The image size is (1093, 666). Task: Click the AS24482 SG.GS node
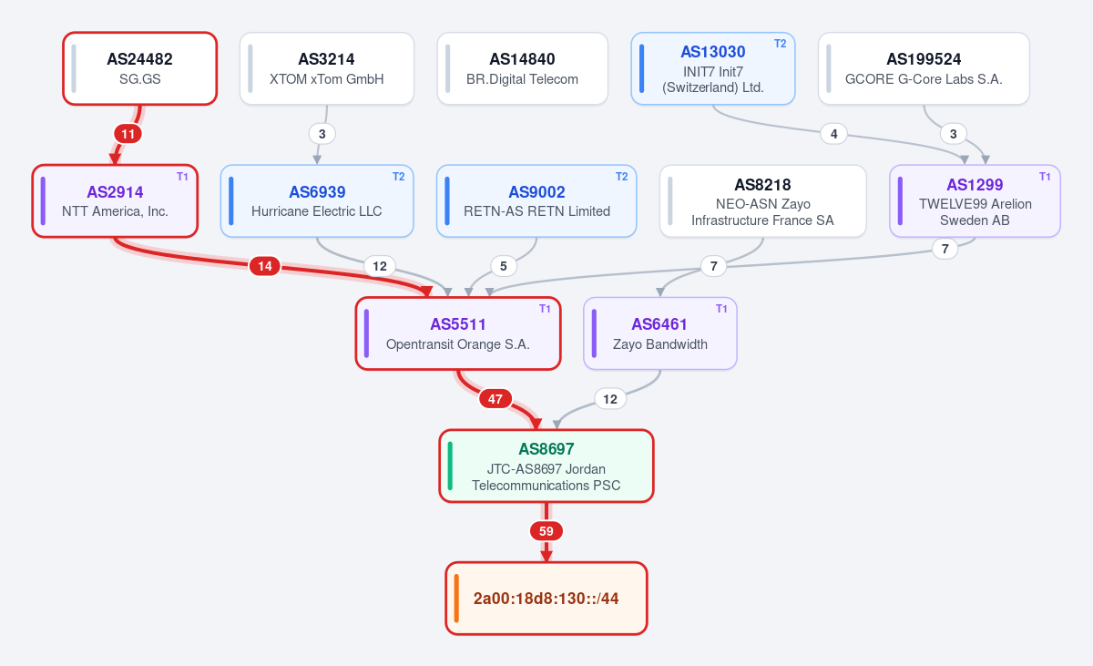pyautogui.click(x=139, y=68)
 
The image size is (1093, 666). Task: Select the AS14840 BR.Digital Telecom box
pyautogui.click(x=523, y=68)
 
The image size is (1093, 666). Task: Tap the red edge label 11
pyautogui.click(x=128, y=134)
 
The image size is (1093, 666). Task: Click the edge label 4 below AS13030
pyautogui.click(x=834, y=134)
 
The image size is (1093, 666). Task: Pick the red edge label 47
pyautogui.click(x=495, y=399)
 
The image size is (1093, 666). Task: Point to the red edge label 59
pyautogui.click(x=546, y=531)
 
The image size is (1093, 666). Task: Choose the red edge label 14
pyautogui.click(x=265, y=266)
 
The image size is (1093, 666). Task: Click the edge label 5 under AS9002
pyautogui.click(x=504, y=266)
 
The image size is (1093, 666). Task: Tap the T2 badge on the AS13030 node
pyautogui.click(x=781, y=44)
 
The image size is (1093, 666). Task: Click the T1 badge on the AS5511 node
pyautogui.click(x=545, y=309)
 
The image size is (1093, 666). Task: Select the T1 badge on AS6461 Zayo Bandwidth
pyautogui.click(x=721, y=309)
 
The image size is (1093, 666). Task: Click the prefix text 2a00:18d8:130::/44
pyautogui.click(x=546, y=599)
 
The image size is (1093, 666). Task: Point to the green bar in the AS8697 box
pyautogui.click(x=450, y=466)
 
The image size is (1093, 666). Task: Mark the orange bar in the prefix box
pyautogui.click(x=456, y=599)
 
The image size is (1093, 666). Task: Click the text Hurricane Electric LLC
pyautogui.click(x=317, y=211)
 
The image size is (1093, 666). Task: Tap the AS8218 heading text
pyautogui.click(x=762, y=185)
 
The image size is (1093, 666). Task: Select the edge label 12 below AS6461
pyautogui.click(x=610, y=399)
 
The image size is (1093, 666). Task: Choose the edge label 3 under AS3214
pyautogui.click(x=322, y=134)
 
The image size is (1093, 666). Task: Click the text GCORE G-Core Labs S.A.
pyautogui.click(x=924, y=79)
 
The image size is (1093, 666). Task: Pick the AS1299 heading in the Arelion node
pyautogui.click(x=975, y=185)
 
